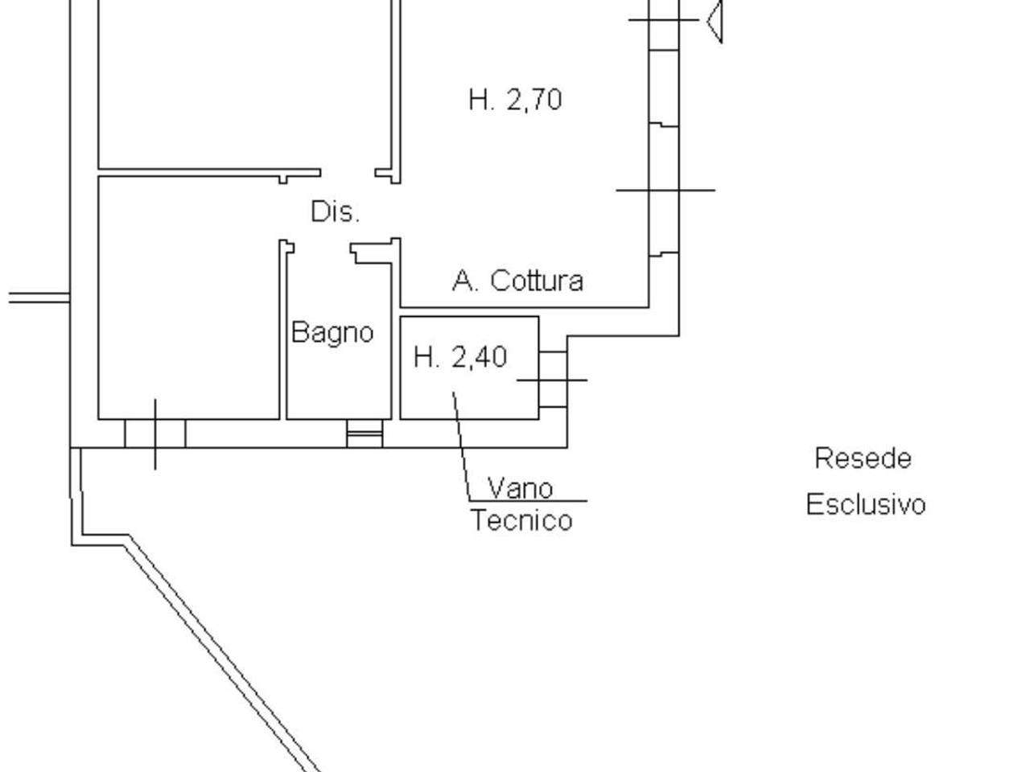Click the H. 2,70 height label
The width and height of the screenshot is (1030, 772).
(515, 101)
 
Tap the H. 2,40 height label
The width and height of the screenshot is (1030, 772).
(460, 356)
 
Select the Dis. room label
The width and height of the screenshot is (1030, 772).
(335, 212)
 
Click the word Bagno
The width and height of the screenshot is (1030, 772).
(332, 332)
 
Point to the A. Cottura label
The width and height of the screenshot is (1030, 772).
(517, 281)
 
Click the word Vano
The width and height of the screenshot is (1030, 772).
(521, 488)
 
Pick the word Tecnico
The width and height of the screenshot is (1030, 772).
(521, 520)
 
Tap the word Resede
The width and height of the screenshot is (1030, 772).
(863, 458)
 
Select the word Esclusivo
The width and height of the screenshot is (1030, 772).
(866, 505)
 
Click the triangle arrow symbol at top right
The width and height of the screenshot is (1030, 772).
(715, 20)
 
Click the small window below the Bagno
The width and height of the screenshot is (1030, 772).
(365, 434)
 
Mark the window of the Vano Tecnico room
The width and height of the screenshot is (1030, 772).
(553, 380)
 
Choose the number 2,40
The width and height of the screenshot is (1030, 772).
(480, 356)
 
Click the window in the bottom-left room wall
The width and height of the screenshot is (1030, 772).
(155, 433)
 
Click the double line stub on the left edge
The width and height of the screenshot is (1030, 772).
(39, 298)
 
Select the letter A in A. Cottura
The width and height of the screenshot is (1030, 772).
(462, 281)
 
